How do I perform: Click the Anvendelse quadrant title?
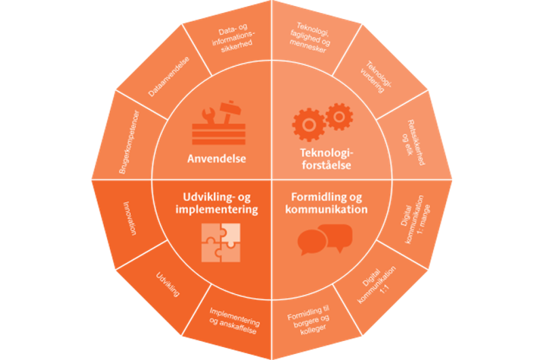pos(217,160)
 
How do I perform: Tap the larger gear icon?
pos(307,124)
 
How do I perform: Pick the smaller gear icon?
pos(339,116)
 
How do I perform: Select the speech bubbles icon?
pos(325,239)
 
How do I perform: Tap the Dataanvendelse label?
pos(168,77)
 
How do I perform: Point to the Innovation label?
pos(130,218)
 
